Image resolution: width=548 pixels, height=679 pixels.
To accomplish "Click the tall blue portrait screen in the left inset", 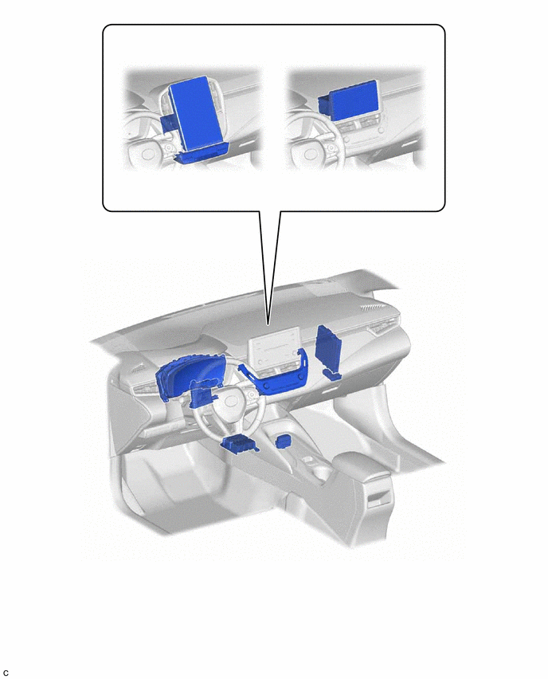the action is click(198, 112).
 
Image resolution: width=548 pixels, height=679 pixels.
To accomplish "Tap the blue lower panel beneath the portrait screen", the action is click(202, 153).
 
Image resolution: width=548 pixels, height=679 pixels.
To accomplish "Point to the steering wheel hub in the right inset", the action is click(311, 155).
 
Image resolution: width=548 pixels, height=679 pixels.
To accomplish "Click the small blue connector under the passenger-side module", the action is click(332, 375).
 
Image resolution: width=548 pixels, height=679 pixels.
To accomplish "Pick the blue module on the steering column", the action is click(202, 394).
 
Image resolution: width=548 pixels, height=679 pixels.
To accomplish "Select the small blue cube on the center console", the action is click(283, 441).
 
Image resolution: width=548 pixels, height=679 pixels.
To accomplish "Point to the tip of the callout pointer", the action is click(268, 325).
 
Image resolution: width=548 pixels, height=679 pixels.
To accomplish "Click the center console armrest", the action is click(362, 469).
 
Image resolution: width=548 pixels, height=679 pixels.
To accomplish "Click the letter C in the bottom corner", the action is click(6, 673).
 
